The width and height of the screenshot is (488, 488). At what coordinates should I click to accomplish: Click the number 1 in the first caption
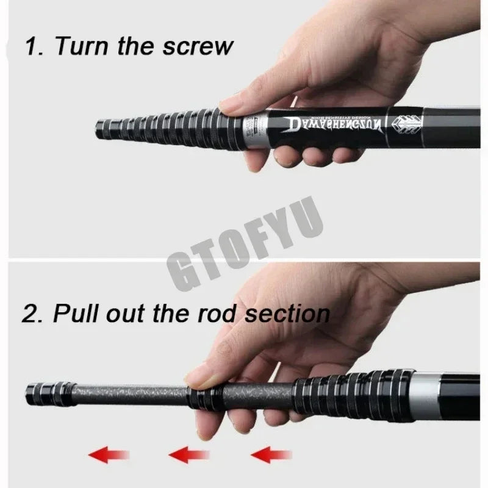[x=30, y=46]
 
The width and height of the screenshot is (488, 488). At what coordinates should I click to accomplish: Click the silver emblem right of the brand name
[x=407, y=121]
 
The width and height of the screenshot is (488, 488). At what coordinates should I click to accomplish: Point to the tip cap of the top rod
[x=101, y=129]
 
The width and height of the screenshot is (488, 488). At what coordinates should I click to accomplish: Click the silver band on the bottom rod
[x=429, y=391]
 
